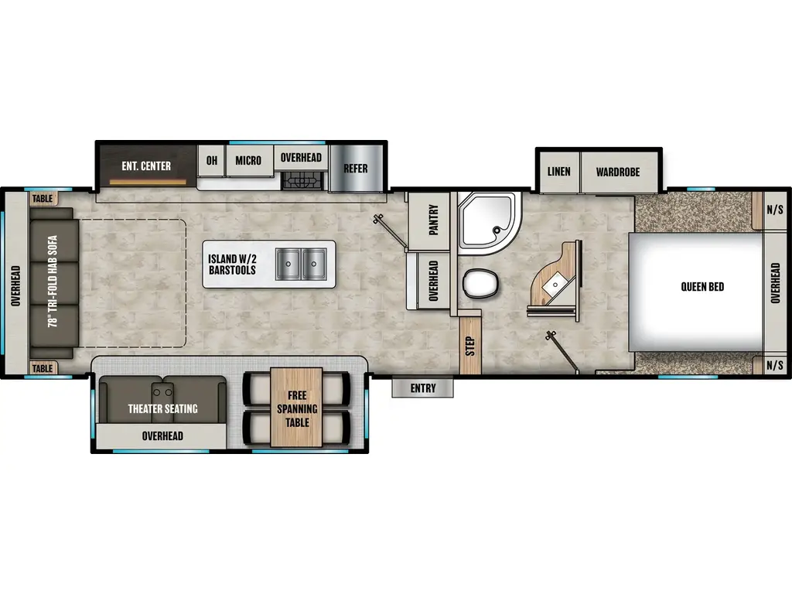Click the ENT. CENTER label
point(146,166)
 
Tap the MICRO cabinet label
point(248,161)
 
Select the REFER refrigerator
point(356,169)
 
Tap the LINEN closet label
point(558,171)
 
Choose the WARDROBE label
point(618,172)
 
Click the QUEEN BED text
point(702,287)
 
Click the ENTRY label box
point(422,388)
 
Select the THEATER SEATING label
point(162,408)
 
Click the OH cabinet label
point(210,161)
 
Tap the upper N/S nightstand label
point(773,209)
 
